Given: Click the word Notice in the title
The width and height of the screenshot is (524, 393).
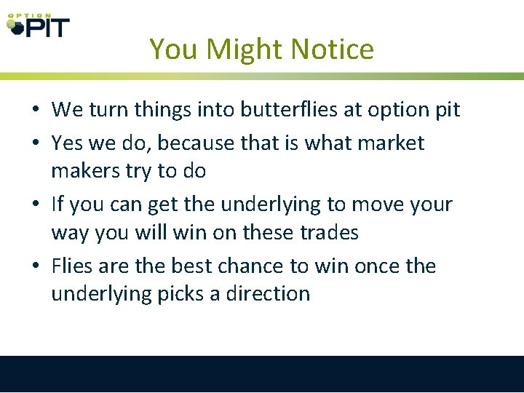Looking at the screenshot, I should pos(332,49).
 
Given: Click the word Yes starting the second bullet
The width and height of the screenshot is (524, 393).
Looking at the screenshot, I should pos(66,143).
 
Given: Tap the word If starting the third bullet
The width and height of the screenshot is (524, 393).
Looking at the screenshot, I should pos(58,205).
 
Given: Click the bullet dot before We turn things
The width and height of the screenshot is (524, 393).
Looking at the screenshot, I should pos(35,111).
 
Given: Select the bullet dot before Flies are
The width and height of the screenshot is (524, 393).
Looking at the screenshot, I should pos(35,266).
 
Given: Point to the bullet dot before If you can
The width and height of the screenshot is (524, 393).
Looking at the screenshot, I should pos(35,205).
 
